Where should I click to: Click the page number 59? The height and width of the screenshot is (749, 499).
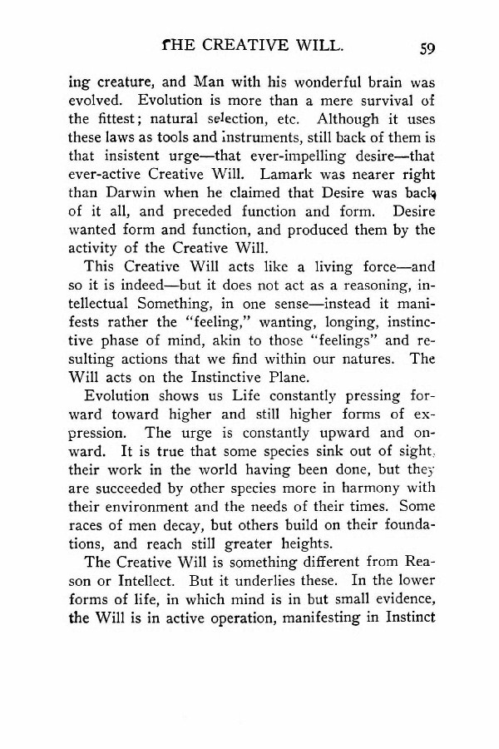[428, 48]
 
